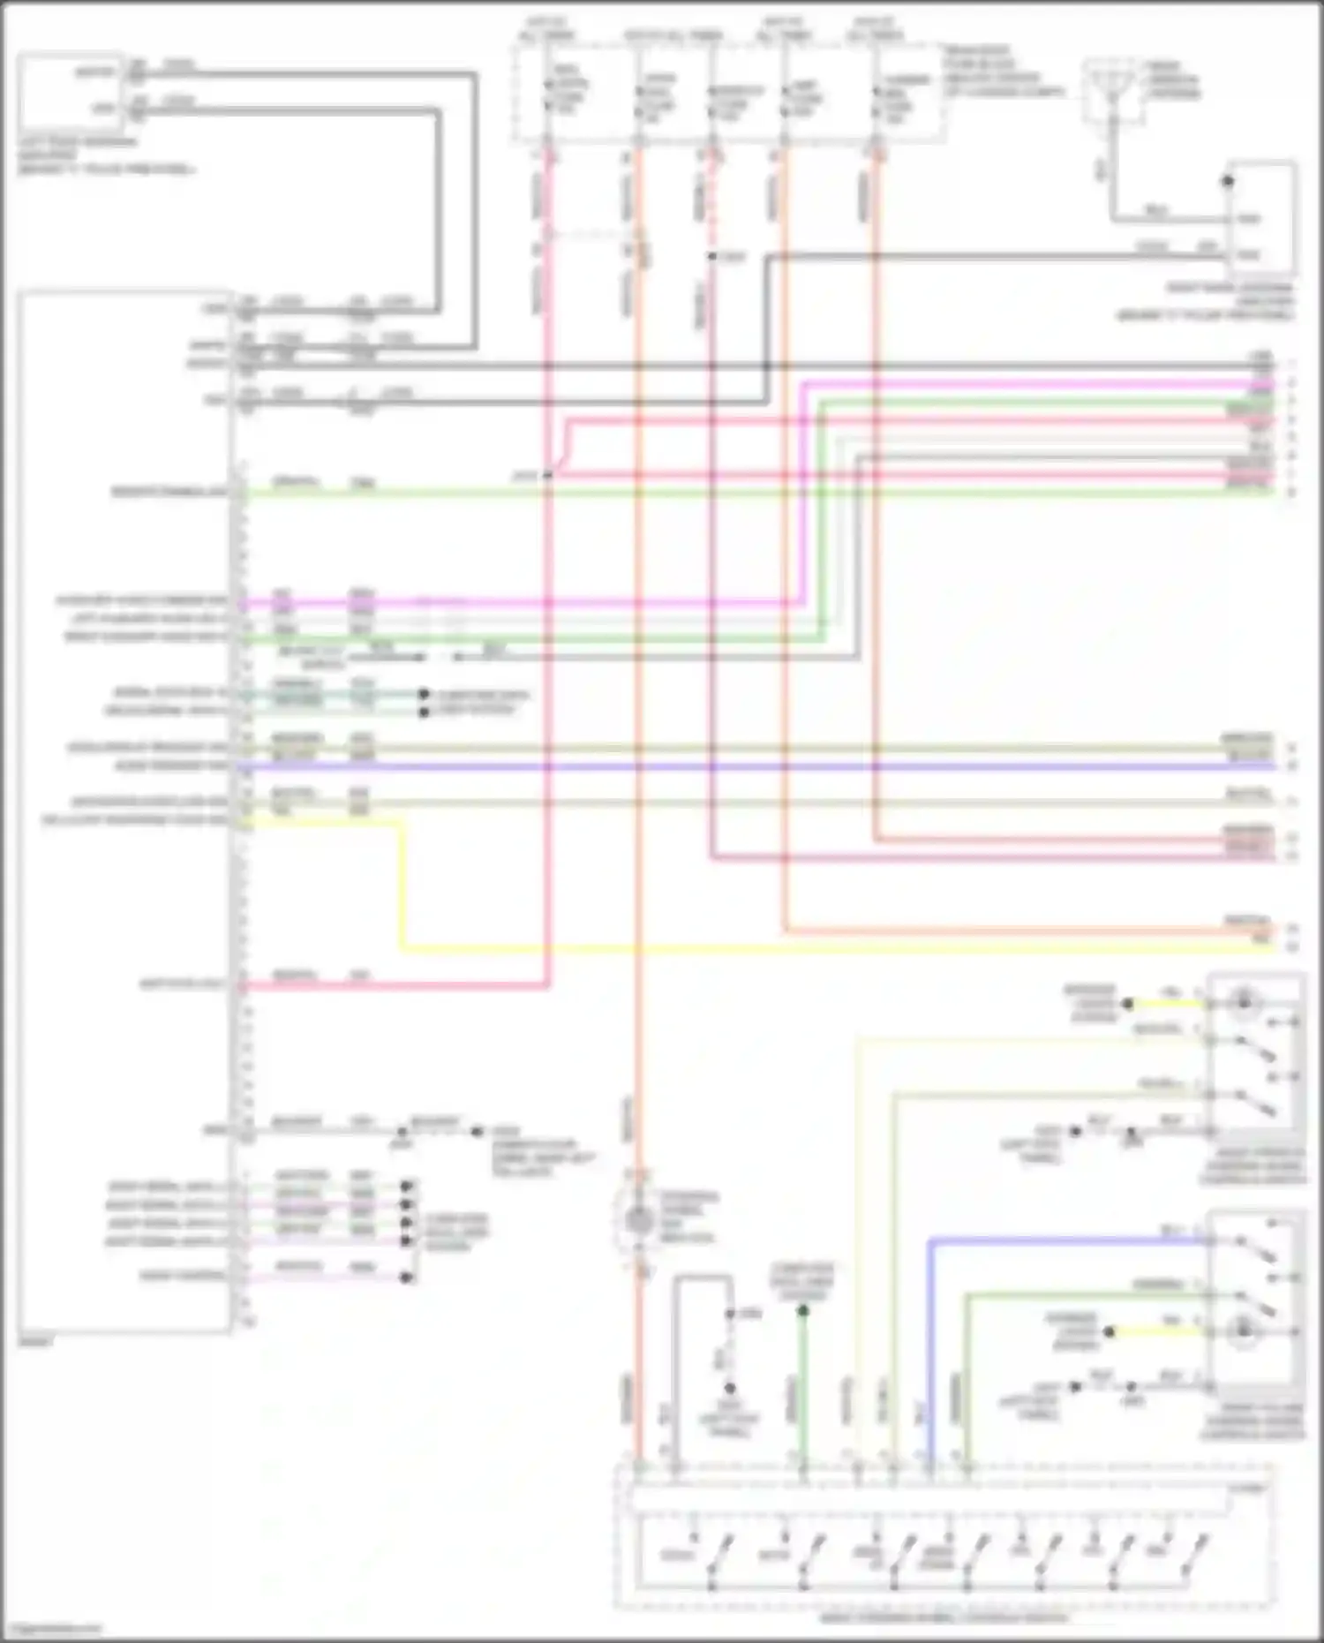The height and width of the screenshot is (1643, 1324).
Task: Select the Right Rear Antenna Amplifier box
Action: click(1260, 217)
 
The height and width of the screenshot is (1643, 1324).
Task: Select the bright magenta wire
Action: click(530, 604)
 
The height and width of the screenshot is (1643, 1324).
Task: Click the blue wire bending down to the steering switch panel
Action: click(929, 1324)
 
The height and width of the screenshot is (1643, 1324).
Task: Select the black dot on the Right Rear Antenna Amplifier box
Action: click(1227, 182)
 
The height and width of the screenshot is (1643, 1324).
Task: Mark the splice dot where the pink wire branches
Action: click(547, 475)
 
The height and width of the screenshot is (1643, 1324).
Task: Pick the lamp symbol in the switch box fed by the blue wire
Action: click(1244, 1330)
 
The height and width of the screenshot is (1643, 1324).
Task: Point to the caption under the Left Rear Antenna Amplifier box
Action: click(106, 155)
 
